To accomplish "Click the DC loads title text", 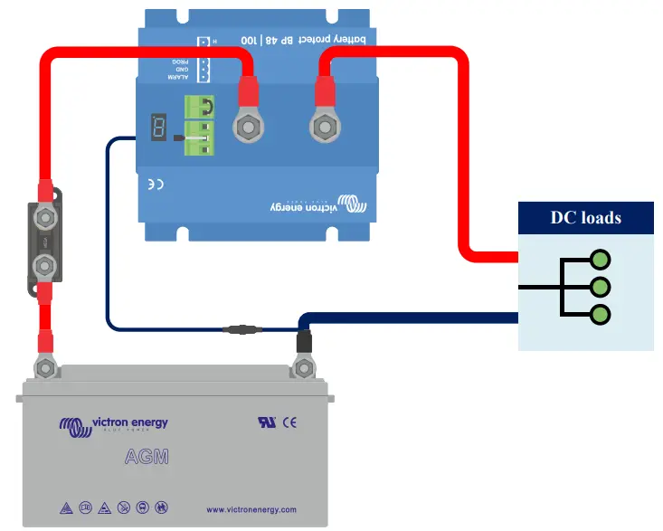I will click(x=586, y=218).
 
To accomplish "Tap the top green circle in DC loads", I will click(x=600, y=261).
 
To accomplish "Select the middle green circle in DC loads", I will click(x=600, y=288).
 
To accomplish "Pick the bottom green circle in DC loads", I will click(x=600, y=315).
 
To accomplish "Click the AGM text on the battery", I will click(x=146, y=458).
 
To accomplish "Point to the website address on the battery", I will click(x=251, y=510).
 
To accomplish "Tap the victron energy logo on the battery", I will click(x=113, y=423).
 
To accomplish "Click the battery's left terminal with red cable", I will click(x=44, y=367).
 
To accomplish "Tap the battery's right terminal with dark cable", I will click(x=304, y=368).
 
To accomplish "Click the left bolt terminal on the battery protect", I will click(x=248, y=128).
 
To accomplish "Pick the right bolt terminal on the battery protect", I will click(x=324, y=128).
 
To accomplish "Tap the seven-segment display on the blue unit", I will click(x=158, y=128).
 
